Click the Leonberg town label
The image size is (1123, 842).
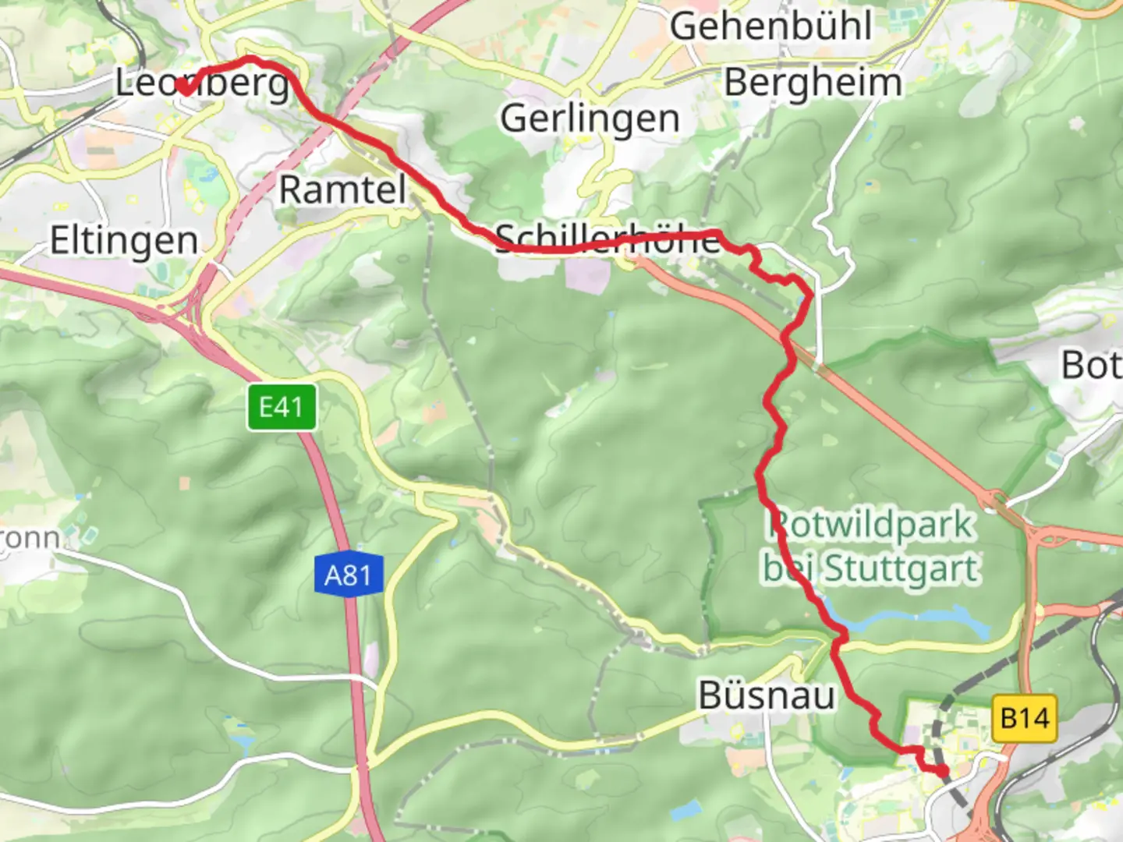click(x=202, y=83)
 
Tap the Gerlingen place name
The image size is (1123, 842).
click(x=590, y=119)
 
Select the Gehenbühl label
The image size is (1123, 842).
click(x=771, y=27)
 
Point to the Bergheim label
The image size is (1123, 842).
click(x=813, y=83)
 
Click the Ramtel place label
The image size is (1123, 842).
click(x=342, y=189)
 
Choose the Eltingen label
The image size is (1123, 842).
click(x=124, y=240)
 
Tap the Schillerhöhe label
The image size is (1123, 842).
click(x=608, y=239)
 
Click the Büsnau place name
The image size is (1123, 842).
click(x=766, y=695)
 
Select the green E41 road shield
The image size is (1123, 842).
click(x=282, y=407)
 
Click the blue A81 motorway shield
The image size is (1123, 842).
click(x=348, y=575)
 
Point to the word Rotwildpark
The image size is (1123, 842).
click(x=870, y=525)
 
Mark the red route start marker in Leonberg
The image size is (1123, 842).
click(x=185, y=87)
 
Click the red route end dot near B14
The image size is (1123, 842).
click(x=942, y=771)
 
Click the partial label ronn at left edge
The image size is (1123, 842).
click(x=30, y=538)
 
